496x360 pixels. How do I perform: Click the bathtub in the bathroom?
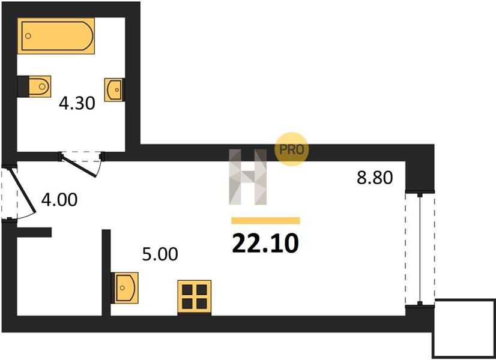click(56, 36)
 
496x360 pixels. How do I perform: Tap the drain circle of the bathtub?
click(28, 36)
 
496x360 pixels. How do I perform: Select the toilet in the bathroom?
click(34, 86)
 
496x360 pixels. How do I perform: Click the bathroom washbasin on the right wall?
click(115, 90)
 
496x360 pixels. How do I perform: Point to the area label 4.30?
click(77, 103)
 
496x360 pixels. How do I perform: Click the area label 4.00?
click(59, 200)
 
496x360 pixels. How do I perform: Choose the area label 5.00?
click(160, 254)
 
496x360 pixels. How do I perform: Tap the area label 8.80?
click(375, 178)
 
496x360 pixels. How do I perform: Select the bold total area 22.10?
click(265, 244)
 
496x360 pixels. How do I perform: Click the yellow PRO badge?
click(291, 149)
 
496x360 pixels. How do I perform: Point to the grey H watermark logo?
click(247, 176)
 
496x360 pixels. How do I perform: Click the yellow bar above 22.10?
click(265, 220)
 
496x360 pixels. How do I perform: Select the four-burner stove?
click(194, 297)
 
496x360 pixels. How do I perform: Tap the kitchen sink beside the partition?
click(125, 287)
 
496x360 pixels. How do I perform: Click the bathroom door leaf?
click(79, 165)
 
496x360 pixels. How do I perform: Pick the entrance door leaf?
click(22, 190)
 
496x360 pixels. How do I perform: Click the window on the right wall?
click(420, 248)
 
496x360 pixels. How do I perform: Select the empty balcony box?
click(464, 328)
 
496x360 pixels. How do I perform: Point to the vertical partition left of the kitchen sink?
click(106, 272)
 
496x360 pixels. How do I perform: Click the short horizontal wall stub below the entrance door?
click(34, 232)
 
